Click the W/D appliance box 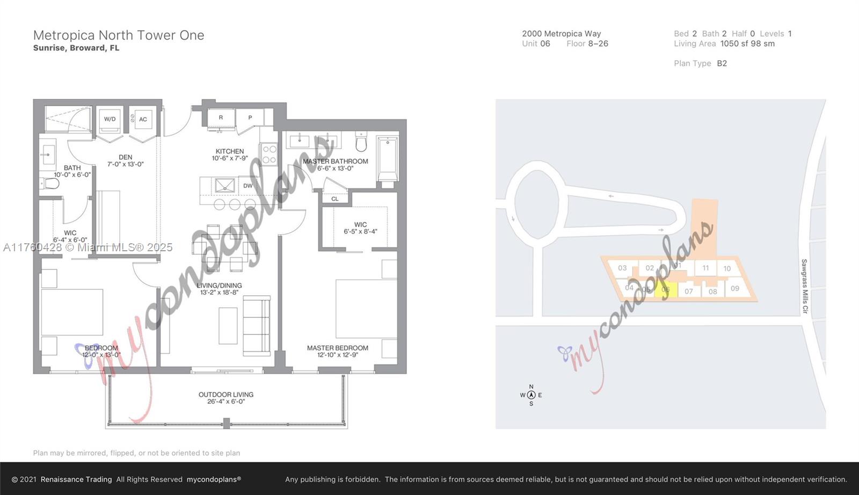110,119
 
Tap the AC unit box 143,119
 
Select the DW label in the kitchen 247,186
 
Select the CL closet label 335,199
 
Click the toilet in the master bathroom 361,143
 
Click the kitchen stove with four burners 269,154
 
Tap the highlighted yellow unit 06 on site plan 665,289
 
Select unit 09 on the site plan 735,288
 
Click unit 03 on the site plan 622,268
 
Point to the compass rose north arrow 531,395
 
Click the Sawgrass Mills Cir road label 804,286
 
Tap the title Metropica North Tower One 119,35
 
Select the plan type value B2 722,63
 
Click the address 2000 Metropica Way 561,33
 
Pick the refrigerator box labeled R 221,118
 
